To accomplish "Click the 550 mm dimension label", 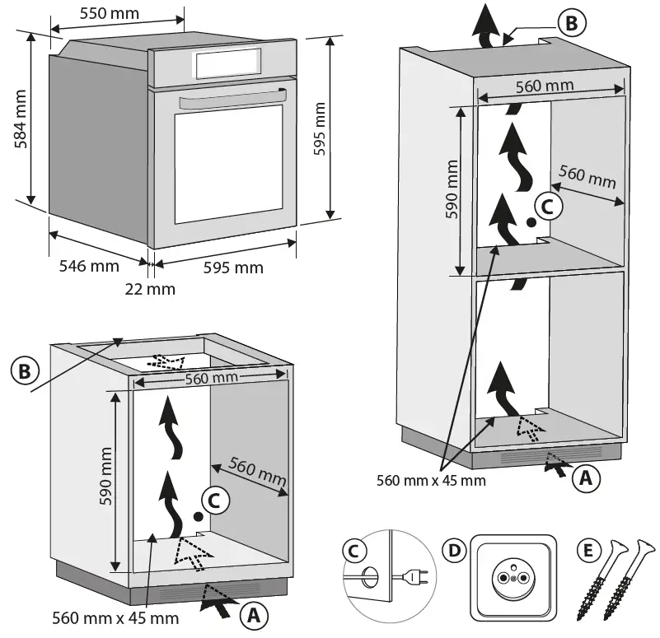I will [109, 14].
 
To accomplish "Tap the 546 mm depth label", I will [88, 266].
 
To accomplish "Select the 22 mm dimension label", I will [149, 289].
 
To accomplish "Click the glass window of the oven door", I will [228, 165].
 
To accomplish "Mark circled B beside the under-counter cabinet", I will [25, 371].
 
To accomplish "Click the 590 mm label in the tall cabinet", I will [452, 194].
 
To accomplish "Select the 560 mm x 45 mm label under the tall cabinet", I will [431, 479].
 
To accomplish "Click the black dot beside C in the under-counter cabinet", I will [198, 515].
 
